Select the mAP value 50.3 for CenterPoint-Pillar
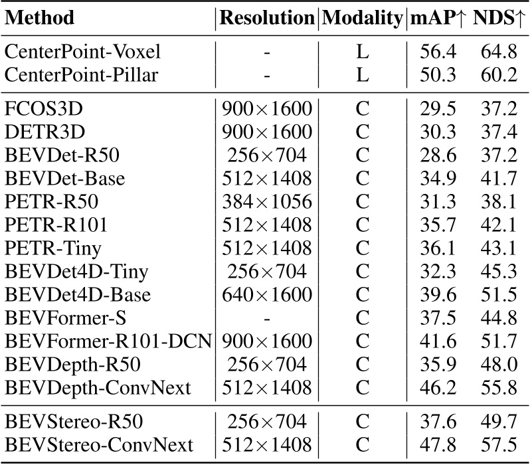tap(436, 75)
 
